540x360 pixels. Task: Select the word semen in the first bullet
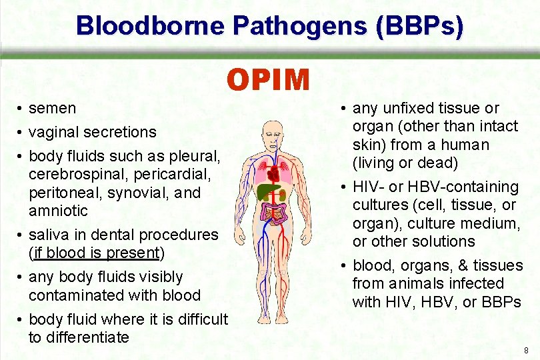(53, 108)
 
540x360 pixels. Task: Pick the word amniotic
(58, 211)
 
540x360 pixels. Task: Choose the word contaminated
(78, 295)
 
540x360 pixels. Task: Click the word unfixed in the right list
(405, 108)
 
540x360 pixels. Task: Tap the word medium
(494, 223)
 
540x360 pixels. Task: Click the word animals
(413, 283)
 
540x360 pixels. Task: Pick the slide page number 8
(526, 351)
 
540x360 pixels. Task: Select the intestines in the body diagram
(274, 215)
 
